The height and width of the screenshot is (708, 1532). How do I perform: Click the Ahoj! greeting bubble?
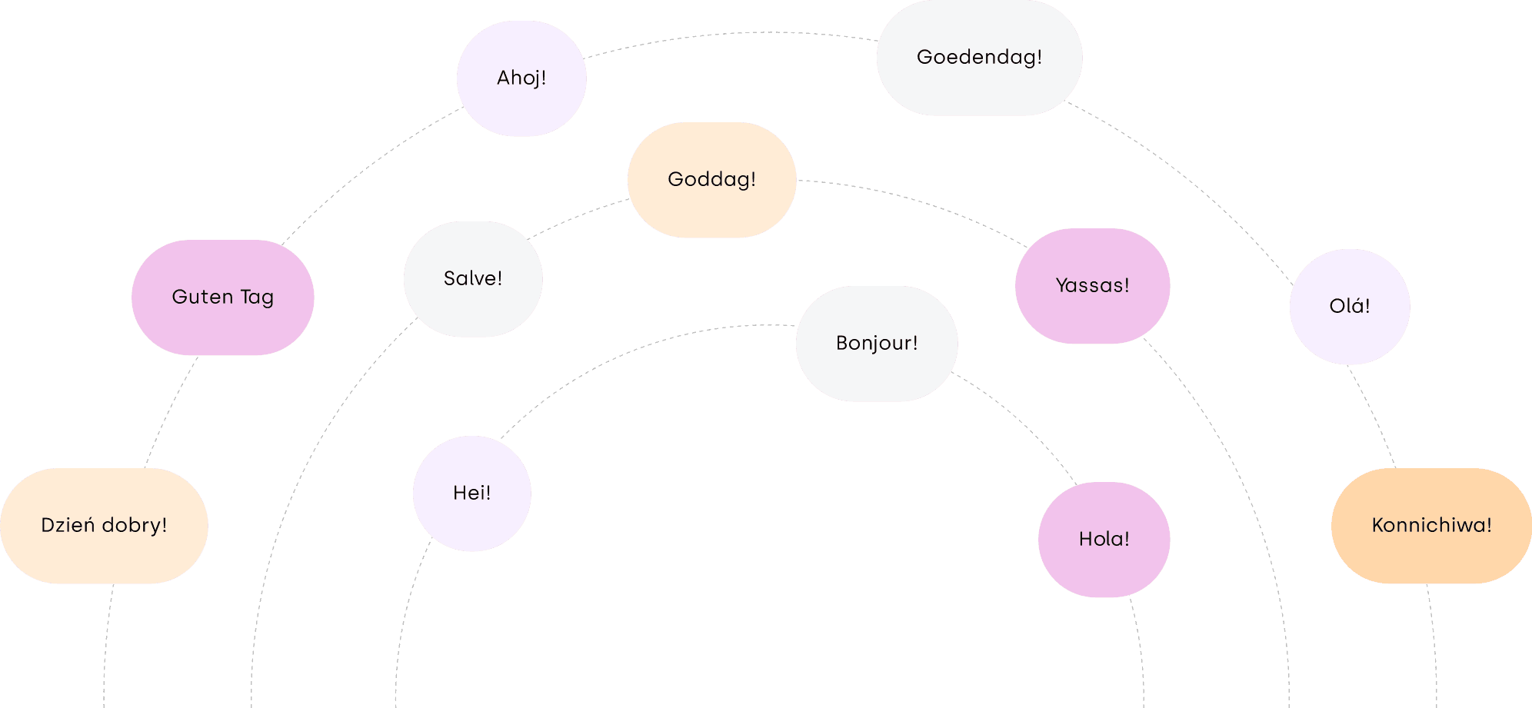(x=521, y=78)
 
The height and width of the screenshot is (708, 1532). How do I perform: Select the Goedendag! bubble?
(x=979, y=58)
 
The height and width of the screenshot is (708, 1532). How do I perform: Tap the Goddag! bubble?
(x=711, y=180)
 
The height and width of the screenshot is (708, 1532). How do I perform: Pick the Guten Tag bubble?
(x=222, y=297)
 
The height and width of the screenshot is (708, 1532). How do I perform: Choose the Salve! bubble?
(x=473, y=279)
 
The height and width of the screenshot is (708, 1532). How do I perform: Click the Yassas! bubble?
(x=1092, y=286)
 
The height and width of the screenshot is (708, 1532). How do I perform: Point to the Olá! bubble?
(x=1350, y=307)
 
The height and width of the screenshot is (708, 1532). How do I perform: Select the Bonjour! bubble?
(x=877, y=344)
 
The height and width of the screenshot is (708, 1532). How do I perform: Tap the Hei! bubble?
(x=471, y=494)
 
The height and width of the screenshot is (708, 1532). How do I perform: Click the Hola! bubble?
(x=1104, y=540)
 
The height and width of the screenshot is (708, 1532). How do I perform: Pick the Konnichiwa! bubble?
(x=1431, y=526)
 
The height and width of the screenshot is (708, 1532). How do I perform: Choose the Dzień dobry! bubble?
(x=104, y=526)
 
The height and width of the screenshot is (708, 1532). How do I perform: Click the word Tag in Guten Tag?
(x=257, y=297)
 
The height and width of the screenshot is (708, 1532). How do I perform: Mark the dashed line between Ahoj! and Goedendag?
(x=731, y=33)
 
